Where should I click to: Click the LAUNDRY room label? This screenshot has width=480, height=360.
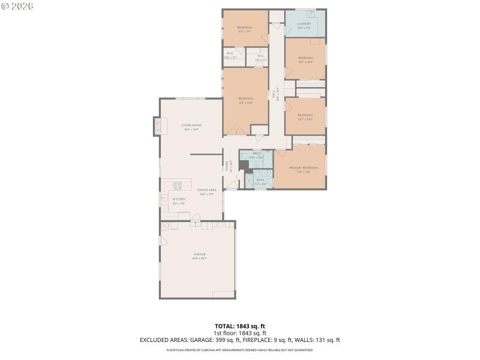pyautogui.click(x=304, y=24)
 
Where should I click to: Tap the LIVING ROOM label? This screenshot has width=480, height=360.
pyautogui.click(x=191, y=125)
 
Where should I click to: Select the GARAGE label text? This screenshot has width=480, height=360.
pyautogui.click(x=199, y=254)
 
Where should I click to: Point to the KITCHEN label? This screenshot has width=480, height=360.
pyautogui.click(x=179, y=199)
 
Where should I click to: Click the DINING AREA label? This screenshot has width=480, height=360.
pyautogui.click(x=206, y=190)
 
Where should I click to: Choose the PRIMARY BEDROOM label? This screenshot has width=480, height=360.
pyautogui.click(x=303, y=168)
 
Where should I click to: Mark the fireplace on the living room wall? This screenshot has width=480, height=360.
pyautogui.click(x=158, y=125)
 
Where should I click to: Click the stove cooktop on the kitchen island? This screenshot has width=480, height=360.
pyautogui.click(x=178, y=185)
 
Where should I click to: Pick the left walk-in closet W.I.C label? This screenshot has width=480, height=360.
pyautogui.click(x=230, y=54)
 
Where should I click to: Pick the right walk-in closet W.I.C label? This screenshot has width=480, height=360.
pyautogui.click(x=260, y=57)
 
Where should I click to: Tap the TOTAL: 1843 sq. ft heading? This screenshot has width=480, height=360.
pyautogui.click(x=240, y=326)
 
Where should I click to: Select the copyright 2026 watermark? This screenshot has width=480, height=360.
pyautogui.click(x=17, y=5)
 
